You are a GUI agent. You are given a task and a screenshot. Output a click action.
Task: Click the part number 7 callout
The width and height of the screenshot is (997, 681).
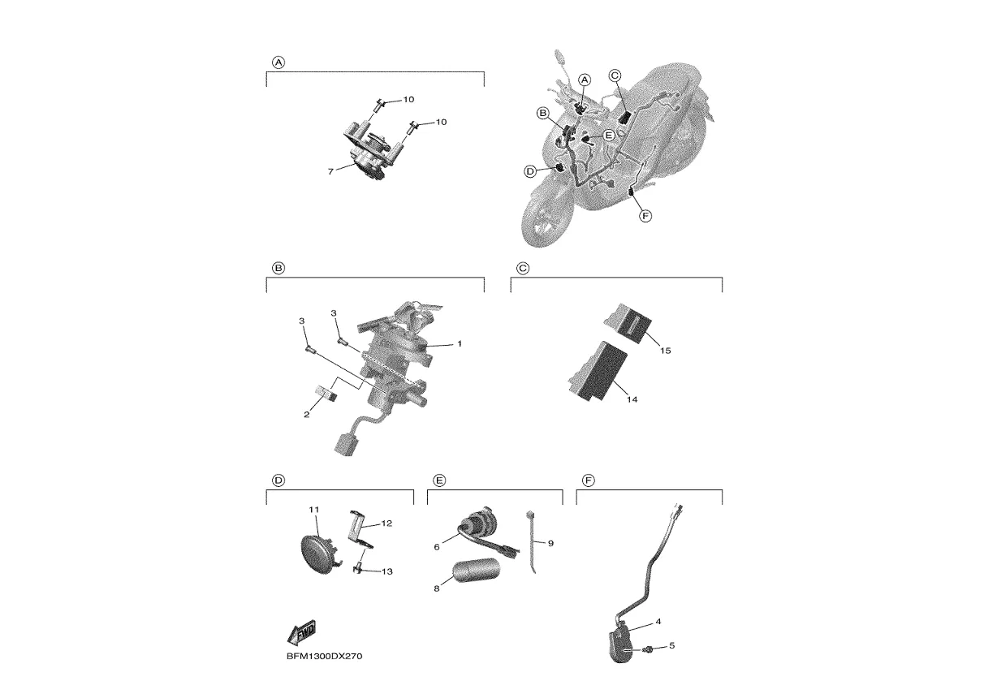330,172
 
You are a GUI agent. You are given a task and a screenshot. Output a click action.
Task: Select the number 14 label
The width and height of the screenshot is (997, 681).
632,399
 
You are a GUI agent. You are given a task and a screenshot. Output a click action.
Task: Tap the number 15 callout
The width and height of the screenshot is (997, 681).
666,351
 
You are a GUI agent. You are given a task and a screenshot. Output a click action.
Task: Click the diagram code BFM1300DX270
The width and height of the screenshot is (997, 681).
325,657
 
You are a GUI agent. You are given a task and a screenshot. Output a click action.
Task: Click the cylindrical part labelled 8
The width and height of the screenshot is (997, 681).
477,570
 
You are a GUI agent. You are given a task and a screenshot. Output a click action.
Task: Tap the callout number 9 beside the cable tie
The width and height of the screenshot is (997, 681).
550,544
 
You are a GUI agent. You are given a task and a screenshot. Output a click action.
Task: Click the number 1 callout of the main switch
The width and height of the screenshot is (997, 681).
460,343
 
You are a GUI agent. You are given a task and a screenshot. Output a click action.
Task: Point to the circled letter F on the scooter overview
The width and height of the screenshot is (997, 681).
645,217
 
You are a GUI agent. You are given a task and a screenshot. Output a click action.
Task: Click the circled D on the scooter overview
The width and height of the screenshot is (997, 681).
529,171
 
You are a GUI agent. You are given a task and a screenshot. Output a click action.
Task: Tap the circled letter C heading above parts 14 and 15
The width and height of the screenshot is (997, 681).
523,269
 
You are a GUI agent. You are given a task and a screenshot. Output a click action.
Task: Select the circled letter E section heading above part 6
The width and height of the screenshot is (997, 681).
439,481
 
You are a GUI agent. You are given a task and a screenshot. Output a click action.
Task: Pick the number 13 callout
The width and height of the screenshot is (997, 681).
387,571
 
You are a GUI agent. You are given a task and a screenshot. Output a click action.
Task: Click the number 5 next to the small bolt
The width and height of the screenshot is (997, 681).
672,645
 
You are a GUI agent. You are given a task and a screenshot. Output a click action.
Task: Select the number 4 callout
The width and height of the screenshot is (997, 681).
658,622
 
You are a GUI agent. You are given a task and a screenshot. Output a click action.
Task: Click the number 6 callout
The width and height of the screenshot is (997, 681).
437,547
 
